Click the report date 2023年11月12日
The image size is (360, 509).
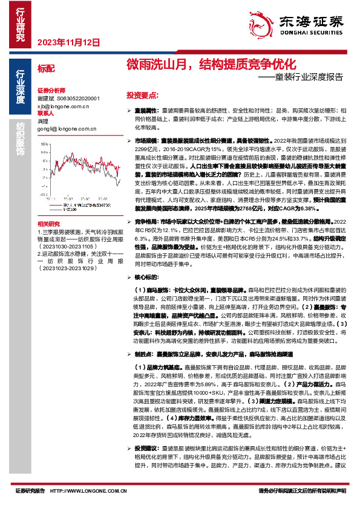coord(68,43)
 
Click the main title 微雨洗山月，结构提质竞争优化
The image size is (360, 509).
coord(211,63)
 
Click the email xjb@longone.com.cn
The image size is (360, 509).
coord(63,105)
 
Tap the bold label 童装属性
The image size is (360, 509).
coord(145,111)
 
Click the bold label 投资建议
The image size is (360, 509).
coord(145,465)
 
